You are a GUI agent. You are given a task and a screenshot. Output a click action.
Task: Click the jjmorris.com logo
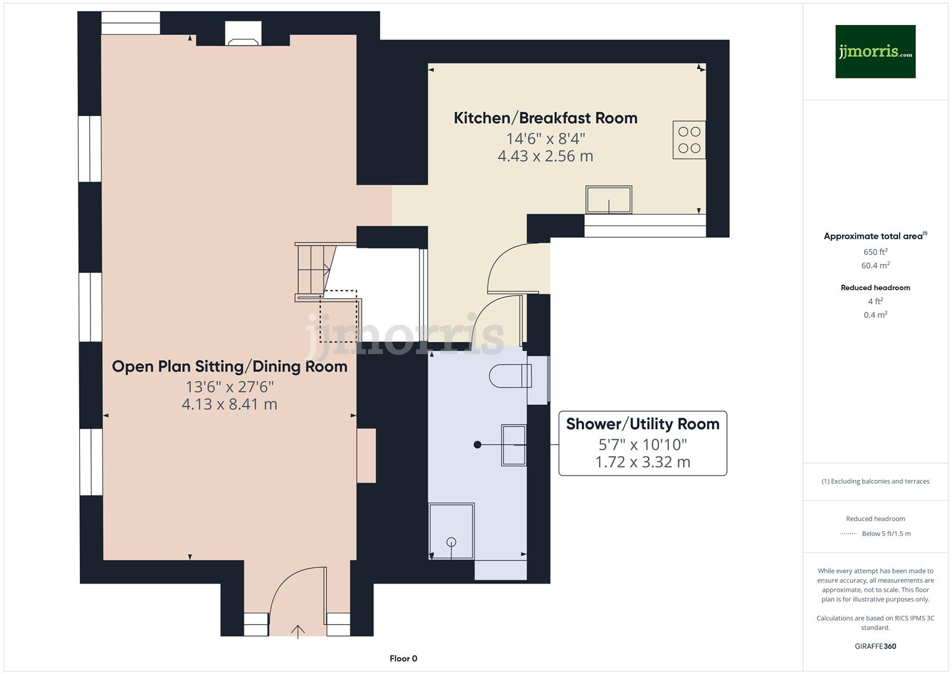point(875,51)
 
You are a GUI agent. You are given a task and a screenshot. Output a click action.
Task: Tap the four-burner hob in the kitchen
point(689,140)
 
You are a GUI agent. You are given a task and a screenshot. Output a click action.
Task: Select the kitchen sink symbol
point(608,200)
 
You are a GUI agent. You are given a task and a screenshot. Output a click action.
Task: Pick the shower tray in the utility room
point(451,531)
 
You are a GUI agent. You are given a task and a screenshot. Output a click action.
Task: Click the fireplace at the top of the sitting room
point(243,35)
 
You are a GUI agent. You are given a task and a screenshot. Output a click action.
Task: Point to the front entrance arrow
point(298,631)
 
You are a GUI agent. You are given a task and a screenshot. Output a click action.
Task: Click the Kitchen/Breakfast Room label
point(545,118)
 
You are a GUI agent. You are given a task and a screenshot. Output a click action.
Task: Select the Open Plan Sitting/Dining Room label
point(229,366)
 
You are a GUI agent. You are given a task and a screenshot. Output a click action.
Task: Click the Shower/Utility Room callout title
point(642,424)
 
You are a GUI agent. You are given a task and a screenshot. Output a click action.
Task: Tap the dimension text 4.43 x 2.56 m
point(545,156)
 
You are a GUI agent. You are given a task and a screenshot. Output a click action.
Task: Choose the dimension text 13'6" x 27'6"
point(229,387)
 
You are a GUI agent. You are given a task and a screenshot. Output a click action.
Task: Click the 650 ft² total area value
point(875,252)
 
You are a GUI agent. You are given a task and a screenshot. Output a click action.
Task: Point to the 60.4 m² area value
point(875,266)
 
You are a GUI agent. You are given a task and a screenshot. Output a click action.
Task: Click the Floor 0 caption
point(403,658)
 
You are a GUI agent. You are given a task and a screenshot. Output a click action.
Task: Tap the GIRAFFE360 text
point(875,646)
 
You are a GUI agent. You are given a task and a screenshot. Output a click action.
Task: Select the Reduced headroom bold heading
point(875,288)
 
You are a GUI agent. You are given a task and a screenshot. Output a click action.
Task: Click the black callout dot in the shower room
point(478,445)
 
